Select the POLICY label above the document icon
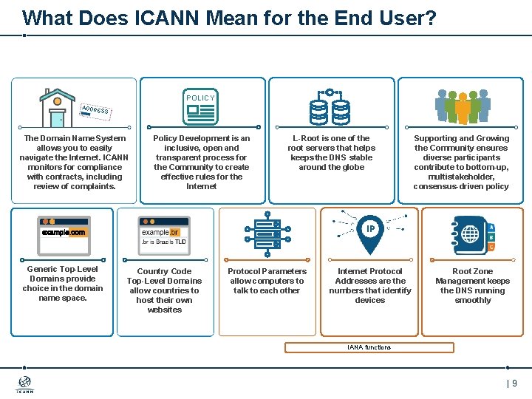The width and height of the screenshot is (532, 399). click(200, 98)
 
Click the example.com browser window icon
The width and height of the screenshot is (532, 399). click(64, 233)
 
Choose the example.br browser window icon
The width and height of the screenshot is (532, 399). click(164, 233)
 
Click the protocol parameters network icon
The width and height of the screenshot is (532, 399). click(267, 231)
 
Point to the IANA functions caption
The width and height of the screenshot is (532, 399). click(369, 347)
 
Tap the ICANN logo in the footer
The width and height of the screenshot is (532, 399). click(24, 385)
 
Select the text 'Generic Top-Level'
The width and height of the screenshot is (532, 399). click(62, 269)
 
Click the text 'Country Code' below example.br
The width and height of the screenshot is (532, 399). click(164, 271)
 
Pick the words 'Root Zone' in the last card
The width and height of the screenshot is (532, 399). click(472, 271)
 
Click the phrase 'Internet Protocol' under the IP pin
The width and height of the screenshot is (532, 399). click(369, 271)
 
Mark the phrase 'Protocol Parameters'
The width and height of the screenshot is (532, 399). click(267, 271)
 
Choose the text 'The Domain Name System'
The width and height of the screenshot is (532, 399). click(75, 138)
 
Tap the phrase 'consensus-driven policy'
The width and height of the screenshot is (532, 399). click(461, 186)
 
